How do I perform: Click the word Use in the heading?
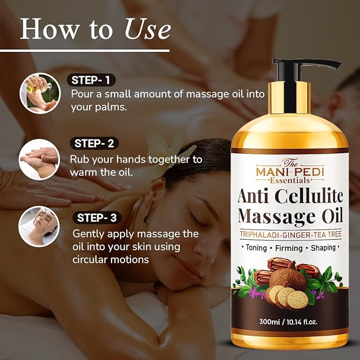coord(147,30)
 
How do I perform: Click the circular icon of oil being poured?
coord(39,93)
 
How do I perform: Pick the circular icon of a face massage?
coord(39,226)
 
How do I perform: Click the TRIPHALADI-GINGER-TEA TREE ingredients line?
coord(289,234)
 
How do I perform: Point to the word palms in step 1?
coord(111,107)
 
